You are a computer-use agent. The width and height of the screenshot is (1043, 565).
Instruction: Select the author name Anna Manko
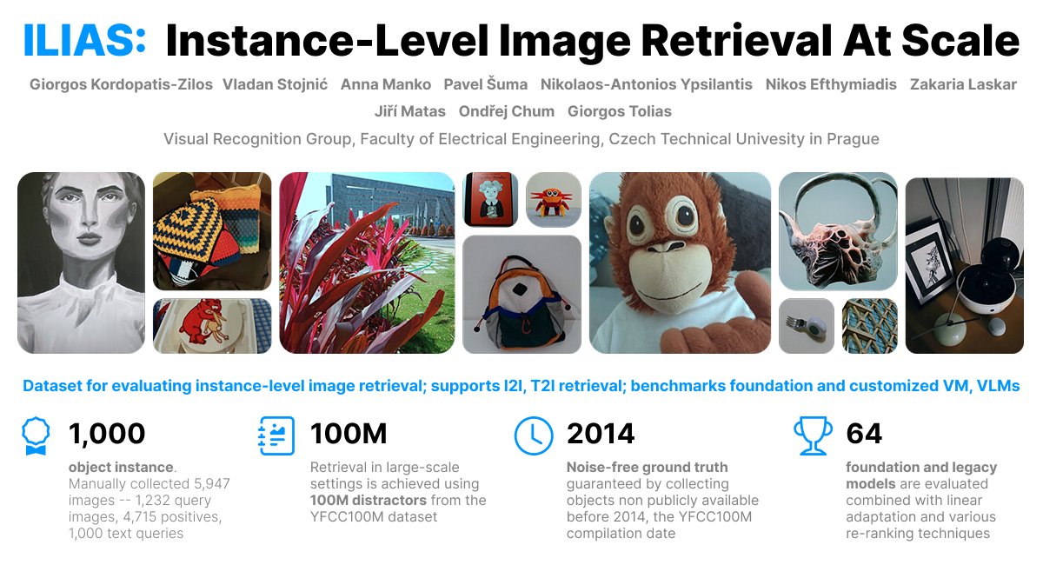386,84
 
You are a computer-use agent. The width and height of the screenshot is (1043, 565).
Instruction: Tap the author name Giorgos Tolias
619,111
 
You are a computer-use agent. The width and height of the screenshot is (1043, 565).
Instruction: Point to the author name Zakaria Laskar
963,84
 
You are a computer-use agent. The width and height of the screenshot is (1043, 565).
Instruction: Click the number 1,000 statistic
107,433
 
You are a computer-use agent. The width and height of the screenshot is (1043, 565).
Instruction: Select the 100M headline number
349,433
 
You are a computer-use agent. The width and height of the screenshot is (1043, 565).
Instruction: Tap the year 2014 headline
601,433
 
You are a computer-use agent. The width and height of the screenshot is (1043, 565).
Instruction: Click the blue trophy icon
813,435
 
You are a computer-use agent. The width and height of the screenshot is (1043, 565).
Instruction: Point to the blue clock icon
534,435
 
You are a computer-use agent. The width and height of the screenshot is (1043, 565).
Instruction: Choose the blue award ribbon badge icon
36,436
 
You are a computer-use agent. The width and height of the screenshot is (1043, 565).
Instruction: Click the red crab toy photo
553,200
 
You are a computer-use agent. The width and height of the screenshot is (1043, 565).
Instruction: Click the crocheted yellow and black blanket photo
211,229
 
